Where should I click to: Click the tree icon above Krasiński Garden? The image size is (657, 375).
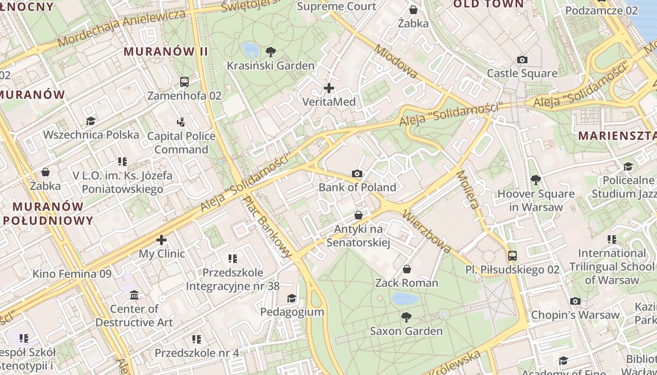(x=270, y=52)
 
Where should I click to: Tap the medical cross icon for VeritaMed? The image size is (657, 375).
(x=329, y=88)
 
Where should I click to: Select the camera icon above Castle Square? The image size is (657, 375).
(x=522, y=60)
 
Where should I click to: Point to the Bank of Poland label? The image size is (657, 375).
(x=357, y=187)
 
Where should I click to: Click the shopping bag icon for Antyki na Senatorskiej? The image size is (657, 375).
(x=359, y=215)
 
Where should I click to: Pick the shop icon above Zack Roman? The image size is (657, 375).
(x=407, y=269)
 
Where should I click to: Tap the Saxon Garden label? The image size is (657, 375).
(x=406, y=331)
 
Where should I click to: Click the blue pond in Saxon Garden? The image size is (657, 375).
(x=405, y=299)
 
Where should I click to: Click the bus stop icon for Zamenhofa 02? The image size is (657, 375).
(x=184, y=82)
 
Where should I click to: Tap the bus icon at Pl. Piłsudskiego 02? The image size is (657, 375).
(x=512, y=256)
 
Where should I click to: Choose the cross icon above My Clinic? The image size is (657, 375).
(x=161, y=240)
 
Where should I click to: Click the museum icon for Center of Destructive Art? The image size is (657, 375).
(x=134, y=295)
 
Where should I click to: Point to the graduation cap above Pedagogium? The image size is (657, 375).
(x=292, y=298)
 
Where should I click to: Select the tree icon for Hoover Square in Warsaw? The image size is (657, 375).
(x=535, y=180)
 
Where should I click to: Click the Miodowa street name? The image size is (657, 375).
(x=395, y=61)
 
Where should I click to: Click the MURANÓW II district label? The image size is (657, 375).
(x=166, y=52)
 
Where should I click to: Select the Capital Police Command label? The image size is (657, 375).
(x=181, y=143)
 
